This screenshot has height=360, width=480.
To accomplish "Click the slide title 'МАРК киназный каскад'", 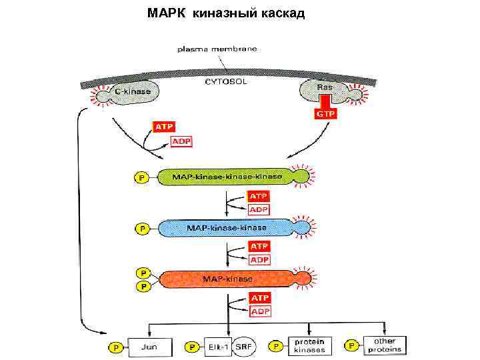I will (226, 13).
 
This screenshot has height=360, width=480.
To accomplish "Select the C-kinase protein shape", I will (133, 91).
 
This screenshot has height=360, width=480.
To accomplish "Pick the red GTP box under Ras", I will (325, 114).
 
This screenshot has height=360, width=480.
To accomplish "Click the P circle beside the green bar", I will (141, 177).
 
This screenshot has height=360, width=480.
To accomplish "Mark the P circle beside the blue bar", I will (141, 229).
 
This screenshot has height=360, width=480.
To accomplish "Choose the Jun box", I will (149, 347).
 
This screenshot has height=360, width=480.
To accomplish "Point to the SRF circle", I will (244, 347).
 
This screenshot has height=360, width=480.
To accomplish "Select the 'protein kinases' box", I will (309, 346).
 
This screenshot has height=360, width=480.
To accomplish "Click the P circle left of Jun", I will (115, 347).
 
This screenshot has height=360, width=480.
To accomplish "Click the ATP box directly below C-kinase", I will (164, 126).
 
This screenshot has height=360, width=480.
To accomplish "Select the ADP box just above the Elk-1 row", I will (259, 311).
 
